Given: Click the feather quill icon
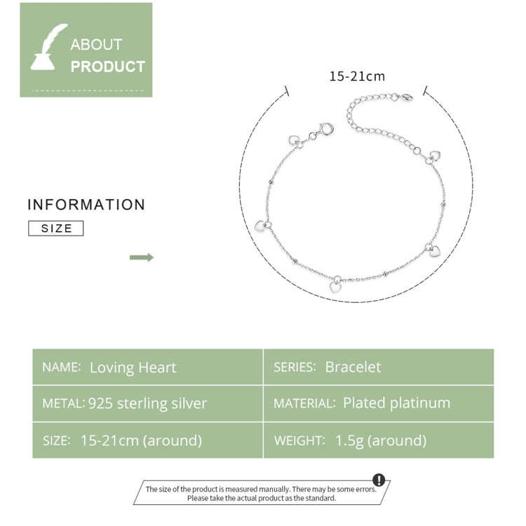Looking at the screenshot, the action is point(49,47).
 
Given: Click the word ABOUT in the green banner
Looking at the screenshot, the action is point(96,45).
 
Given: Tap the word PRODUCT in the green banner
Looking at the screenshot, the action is point(108,67).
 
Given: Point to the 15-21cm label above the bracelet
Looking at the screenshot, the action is point(357,76).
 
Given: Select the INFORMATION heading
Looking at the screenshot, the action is point(86,205).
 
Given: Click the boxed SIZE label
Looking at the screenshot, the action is point(55,229).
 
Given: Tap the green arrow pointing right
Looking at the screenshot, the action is point(142,257).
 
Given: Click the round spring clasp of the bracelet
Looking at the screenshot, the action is point(326,129).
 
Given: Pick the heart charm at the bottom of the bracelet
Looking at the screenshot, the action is point(335,287).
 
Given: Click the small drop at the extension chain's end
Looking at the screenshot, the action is point(407,97).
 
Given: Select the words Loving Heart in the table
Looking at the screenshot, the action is point(133,367).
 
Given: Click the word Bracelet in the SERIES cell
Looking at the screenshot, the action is point(353,367).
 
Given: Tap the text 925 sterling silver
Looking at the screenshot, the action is point(147,403).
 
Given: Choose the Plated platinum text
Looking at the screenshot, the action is point(396,403).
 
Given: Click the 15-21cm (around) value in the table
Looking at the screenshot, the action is point(141,440).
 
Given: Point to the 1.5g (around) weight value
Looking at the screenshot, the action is point(381,440).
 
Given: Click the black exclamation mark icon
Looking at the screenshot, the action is point(379,480).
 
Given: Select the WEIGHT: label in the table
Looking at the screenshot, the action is point(299,441).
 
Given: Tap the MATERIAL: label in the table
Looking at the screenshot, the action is point(304,403).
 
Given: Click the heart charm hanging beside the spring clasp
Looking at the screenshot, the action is point(294,140).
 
